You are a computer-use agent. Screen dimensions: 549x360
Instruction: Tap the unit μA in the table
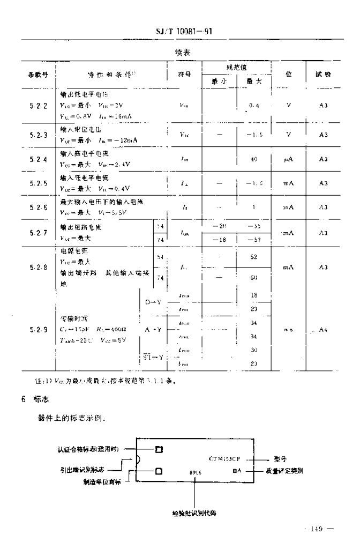(288, 159)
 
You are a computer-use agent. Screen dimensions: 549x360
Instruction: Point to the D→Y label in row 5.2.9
(154, 302)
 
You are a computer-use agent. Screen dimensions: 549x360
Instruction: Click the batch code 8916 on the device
(194, 473)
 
